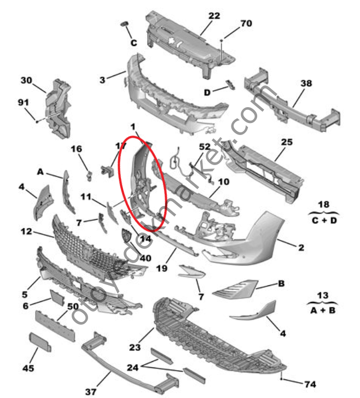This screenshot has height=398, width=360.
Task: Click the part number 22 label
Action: [x=214, y=16]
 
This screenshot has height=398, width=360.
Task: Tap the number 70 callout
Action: [x=246, y=24]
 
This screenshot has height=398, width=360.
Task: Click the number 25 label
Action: [x=287, y=142]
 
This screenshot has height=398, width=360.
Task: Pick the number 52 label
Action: [x=204, y=147]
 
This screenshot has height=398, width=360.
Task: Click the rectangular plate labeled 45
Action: [x=41, y=341]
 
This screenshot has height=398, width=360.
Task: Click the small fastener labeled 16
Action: [x=88, y=173]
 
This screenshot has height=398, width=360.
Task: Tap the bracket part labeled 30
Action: [x=59, y=109]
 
